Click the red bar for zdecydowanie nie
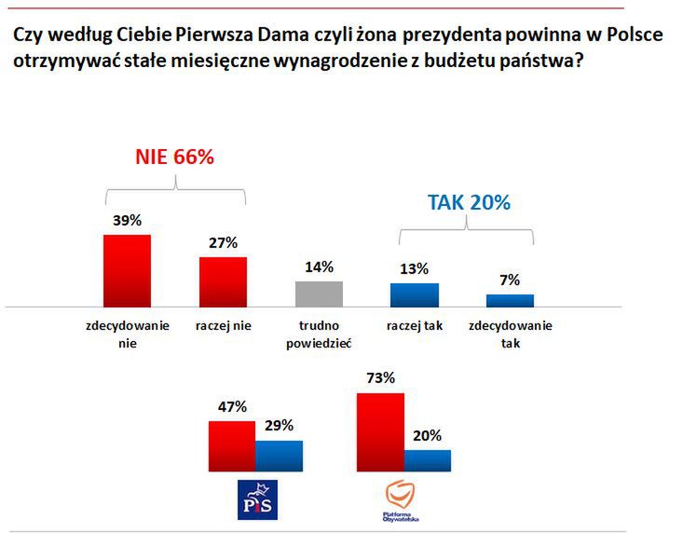pyautogui.click(x=127, y=270)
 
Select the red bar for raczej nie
pyautogui.click(x=223, y=281)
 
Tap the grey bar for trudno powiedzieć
pyautogui.click(x=319, y=294)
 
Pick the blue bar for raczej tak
pyautogui.click(x=415, y=294)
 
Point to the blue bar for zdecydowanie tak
pyautogui.click(x=510, y=300)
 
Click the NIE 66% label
pyautogui.click(x=175, y=157)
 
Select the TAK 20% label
pyautogui.click(x=469, y=202)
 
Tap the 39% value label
pyautogui.click(x=127, y=221)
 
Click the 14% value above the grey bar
pyautogui.click(x=319, y=267)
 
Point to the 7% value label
pyautogui.click(x=510, y=280)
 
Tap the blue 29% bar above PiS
pyautogui.click(x=279, y=457)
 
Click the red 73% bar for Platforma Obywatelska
pyautogui.click(x=380, y=433)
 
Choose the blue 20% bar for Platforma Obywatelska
pyautogui.click(x=428, y=461)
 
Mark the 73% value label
pyautogui.click(x=380, y=378)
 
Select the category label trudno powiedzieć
pyautogui.click(x=319, y=334)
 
